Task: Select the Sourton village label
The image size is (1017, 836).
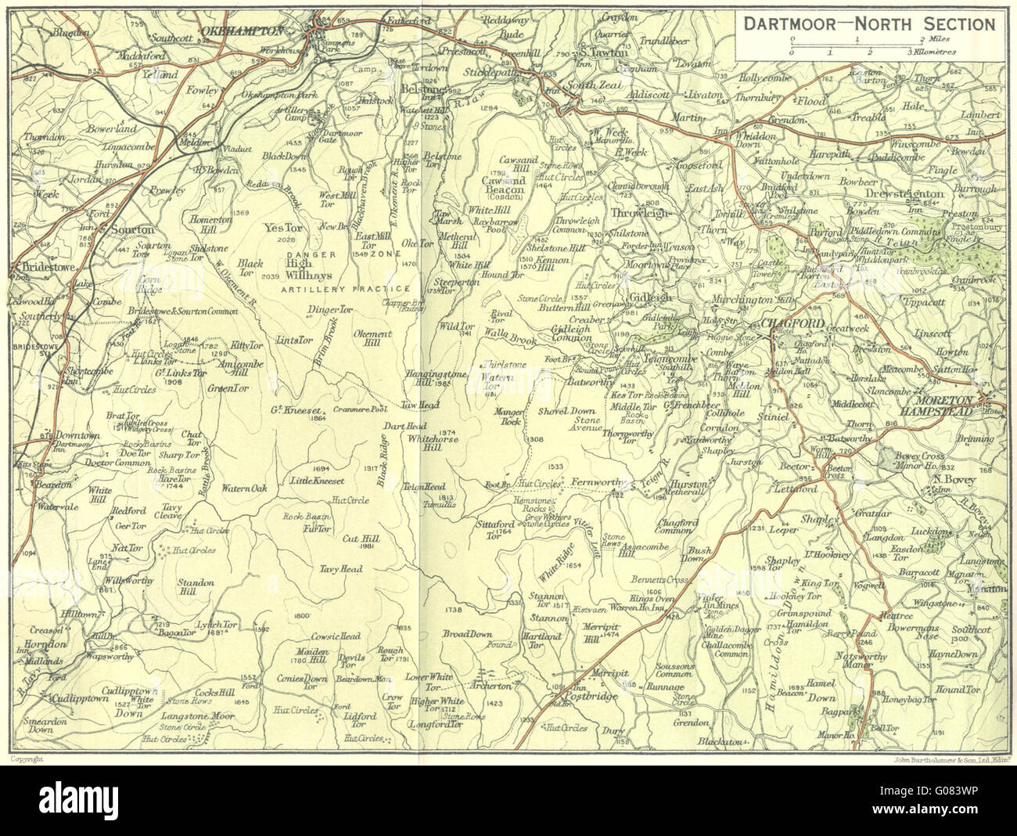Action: coord(132,231)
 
